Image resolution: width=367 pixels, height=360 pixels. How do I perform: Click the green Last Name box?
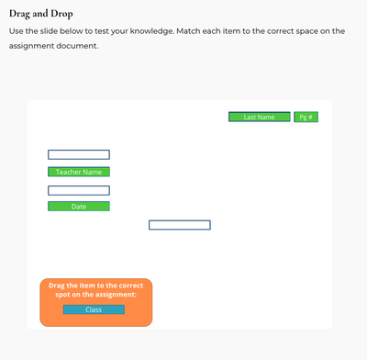pos(259,118)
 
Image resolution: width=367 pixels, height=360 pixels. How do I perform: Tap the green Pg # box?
pos(306,118)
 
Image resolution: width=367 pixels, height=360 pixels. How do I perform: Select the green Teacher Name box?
pos(79,172)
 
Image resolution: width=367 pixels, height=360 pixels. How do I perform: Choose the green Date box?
pos(79,207)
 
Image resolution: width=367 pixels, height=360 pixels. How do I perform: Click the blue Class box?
pos(94,309)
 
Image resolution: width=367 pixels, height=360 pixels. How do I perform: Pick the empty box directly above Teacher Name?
pos(79,154)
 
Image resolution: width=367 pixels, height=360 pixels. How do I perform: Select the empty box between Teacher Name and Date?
pos(79,190)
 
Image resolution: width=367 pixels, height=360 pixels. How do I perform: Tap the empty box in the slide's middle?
pos(180,225)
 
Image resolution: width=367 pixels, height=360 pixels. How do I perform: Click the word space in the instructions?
pos(304,31)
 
